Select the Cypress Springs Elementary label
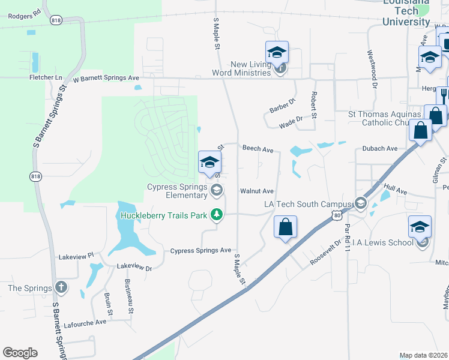pos(177,191)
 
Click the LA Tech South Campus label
pos(307,205)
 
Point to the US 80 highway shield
pos(338,215)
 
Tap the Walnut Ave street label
pos(257,191)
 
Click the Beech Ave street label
pos(258,148)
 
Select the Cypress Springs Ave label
pos(201,250)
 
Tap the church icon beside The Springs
pos(60,287)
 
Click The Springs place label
pos(29,289)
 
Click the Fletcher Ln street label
pos(46,77)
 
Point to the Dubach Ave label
pos(379,148)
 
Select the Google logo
pos(20,353)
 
